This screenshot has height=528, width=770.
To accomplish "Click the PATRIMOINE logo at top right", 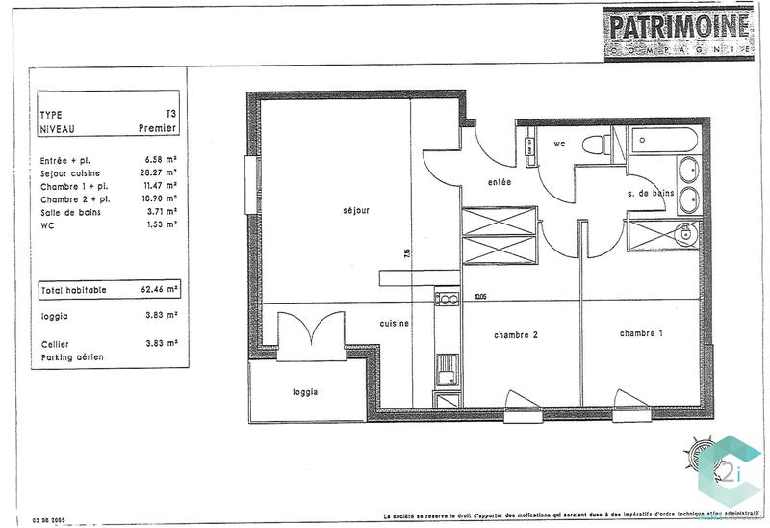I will [678, 34].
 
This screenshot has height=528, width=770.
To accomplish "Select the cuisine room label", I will [396, 324].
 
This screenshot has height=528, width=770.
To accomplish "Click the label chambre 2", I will [515, 335].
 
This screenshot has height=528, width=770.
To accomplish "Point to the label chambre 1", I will [640, 332].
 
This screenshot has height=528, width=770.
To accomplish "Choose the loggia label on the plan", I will [305, 392].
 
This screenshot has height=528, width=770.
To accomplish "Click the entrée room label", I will [499, 182].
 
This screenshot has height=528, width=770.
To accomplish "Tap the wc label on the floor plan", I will [558, 145].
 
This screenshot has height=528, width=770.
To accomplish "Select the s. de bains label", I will [650, 194].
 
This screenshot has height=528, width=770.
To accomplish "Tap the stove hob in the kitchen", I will [447, 299].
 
